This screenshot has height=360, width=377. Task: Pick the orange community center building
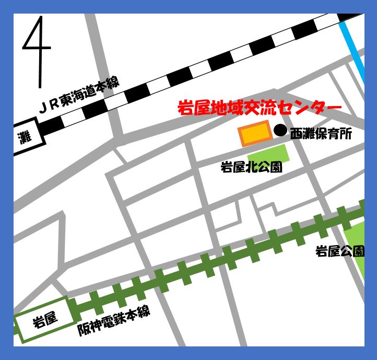pos(255,134)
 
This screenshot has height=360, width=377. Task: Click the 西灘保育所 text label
pos(321,134)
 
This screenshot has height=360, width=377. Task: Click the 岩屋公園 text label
pos(339,252)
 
